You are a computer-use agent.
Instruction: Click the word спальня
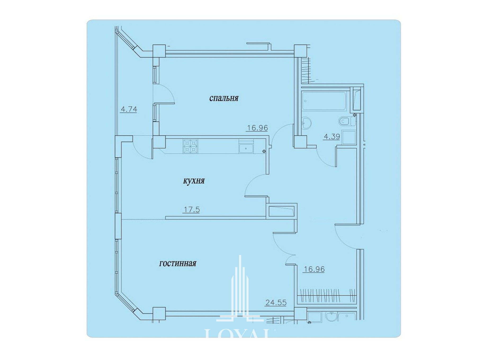pos(224,98)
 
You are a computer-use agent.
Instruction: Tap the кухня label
pos(194,181)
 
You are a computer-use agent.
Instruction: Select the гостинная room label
pos(177,264)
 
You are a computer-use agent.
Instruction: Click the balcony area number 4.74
pos(129,109)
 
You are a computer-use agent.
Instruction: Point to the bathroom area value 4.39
pos(332,137)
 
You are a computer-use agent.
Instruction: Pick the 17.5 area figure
pos(192,210)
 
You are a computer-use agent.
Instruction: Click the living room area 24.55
pos(276,303)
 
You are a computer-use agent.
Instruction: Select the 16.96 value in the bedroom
pos(257,128)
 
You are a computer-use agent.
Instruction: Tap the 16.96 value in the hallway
pos(314,269)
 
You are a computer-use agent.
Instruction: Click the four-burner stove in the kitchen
pos(190,146)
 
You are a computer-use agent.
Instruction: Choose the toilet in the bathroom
pos(347,121)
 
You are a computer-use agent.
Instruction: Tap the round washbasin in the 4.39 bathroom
pos(306,123)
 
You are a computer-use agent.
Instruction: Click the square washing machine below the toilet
pos(349,137)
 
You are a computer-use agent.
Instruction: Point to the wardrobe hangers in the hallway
pos(327,295)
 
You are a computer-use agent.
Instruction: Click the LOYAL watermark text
pos(237,333)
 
